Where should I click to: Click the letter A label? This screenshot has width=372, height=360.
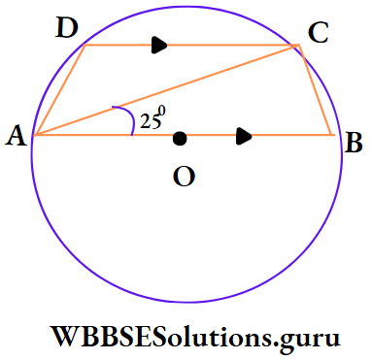pyautogui.click(x=15, y=138)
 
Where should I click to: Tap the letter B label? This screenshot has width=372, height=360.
pyautogui.click(x=354, y=145)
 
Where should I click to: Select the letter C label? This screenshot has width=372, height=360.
pyautogui.click(x=318, y=33)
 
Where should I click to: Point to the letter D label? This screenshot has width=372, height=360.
pyautogui.click(x=67, y=28)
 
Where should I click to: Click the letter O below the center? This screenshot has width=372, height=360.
pyautogui.click(x=182, y=176)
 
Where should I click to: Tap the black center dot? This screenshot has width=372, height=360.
pyautogui.click(x=180, y=139)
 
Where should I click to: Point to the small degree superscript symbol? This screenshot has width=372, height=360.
pyautogui.click(x=162, y=109)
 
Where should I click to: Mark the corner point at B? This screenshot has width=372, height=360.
pyautogui.click(x=331, y=135)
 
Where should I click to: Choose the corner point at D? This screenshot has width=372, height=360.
pyautogui.click(x=85, y=45)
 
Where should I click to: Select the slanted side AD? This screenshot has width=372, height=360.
pyautogui.click(x=58, y=90)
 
